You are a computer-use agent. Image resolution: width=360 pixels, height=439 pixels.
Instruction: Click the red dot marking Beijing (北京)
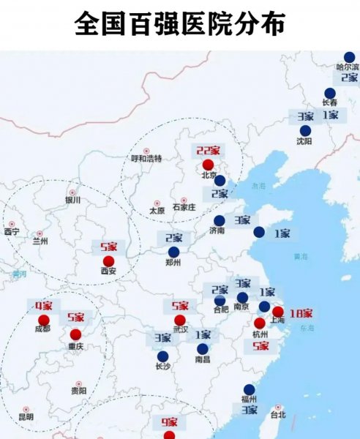coord(208,164)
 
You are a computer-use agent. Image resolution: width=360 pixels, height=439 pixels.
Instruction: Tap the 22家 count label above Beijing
coord(208,151)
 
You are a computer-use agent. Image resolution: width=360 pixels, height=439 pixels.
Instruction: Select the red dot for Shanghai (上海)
coord(278,311)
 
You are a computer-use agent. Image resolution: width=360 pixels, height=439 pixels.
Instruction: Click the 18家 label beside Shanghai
coord(301,313)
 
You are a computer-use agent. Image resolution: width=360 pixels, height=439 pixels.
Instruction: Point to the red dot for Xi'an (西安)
coord(109,260)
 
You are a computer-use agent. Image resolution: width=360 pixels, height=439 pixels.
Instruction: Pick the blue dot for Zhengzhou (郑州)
coord(173,251)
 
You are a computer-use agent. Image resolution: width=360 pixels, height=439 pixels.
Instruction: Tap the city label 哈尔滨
coord(348,67)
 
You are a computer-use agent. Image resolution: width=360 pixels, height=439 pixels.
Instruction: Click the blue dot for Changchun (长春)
coord(330,93)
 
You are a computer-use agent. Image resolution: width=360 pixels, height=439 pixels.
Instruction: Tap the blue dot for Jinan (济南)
coord(219,220)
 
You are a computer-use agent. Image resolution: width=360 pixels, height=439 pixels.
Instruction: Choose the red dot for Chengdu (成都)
coord(43,320)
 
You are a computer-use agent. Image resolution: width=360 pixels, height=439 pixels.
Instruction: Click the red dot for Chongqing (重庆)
coord(75,334)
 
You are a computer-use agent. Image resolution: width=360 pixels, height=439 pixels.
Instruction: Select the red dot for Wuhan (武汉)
coord(180,320)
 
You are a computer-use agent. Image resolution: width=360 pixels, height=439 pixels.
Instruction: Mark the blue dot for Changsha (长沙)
coord(162,356)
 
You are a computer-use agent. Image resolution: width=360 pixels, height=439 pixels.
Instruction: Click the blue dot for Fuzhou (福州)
coord(250,389)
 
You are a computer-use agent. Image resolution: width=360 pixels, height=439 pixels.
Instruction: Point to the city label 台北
coord(278,415)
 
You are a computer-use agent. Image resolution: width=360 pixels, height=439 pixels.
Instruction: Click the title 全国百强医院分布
coord(179,24)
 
